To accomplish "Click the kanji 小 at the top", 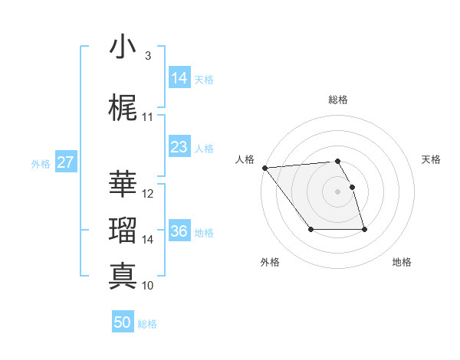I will (x=123, y=47).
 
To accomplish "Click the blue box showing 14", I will (x=179, y=78).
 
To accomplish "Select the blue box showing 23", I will (x=179, y=147).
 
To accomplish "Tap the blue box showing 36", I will (x=179, y=231).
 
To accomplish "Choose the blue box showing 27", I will (x=65, y=162).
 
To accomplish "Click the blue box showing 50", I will (x=123, y=322).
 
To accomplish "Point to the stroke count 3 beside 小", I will (x=147, y=56).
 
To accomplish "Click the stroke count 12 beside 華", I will (x=148, y=194).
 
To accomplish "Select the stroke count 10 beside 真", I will (x=148, y=286).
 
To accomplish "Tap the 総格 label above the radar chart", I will (x=337, y=100).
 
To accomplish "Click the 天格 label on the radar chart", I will (x=431, y=159).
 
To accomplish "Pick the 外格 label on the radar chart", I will (x=270, y=262).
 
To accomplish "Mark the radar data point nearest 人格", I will (x=264, y=168).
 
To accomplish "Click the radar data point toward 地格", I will (x=364, y=230).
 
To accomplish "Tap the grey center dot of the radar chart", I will (x=337, y=191).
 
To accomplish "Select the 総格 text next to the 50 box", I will (x=147, y=324).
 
